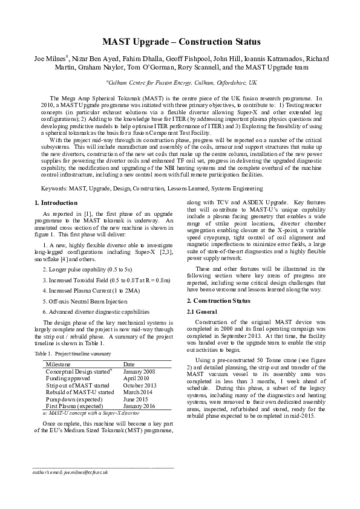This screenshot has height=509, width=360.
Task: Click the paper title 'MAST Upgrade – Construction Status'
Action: point(181,42)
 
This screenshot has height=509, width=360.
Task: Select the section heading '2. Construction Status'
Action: point(218,300)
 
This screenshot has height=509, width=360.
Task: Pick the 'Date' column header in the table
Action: point(129,365)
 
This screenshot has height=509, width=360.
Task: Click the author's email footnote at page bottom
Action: point(70,472)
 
